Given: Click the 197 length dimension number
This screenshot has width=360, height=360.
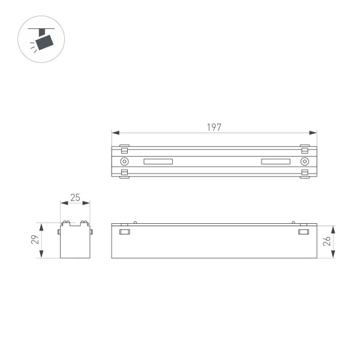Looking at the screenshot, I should tap(214, 127).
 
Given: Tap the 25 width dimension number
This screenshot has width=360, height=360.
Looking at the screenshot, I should tap(75, 197).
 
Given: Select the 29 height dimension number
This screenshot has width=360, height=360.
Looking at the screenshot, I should tap(35, 241).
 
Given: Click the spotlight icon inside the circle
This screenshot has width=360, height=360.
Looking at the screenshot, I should tap(43, 40).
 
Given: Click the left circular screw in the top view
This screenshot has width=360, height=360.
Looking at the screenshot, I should tap(124, 161).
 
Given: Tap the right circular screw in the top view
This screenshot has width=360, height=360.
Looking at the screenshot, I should tap(305, 161).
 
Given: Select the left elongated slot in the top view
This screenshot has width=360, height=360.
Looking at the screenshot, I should tap(158, 161).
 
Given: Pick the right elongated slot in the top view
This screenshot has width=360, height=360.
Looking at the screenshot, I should tap(275, 161).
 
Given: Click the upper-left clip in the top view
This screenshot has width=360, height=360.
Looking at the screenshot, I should tap(124, 148).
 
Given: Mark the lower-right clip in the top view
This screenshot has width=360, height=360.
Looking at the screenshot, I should tap(305, 174).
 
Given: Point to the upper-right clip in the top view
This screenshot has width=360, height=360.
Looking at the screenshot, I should tap(305, 148).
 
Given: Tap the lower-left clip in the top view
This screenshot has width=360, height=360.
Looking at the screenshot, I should tap(124, 174).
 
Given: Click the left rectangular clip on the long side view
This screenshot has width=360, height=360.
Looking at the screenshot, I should tap(124, 232).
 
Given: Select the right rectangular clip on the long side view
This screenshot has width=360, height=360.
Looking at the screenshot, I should tap(304, 232).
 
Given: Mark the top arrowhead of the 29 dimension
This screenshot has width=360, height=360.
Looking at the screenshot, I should tap(41, 226).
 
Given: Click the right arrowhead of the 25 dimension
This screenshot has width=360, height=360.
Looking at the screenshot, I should tap(88, 203).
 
